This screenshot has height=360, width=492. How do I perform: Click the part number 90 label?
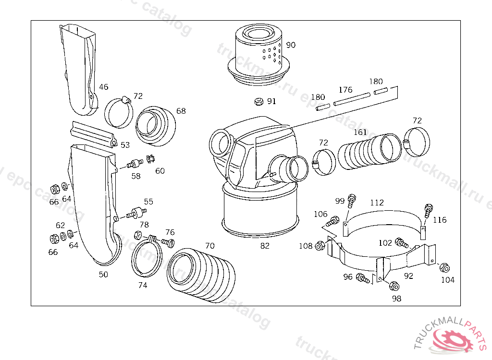[291, 45]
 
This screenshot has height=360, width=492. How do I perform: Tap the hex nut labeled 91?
[258, 101]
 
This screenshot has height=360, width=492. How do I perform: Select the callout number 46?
[104, 87]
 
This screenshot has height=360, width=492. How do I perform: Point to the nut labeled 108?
[318, 246]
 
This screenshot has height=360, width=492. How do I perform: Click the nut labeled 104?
[444, 268]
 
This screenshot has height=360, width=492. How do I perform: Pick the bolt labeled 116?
[427, 210]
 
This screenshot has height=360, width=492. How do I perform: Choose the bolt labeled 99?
[351, 199]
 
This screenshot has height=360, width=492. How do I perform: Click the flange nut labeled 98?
[393, 286]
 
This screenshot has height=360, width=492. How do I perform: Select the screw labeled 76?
[168, 242]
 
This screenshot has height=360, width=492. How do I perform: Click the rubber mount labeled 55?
[136, 213]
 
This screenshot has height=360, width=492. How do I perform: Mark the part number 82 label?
[265, 246]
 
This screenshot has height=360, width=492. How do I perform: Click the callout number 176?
[345, 90]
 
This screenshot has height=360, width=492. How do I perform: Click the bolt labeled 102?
[401, 243]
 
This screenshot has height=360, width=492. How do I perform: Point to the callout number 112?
[377, 203]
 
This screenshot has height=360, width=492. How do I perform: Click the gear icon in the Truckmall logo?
[451, 340]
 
